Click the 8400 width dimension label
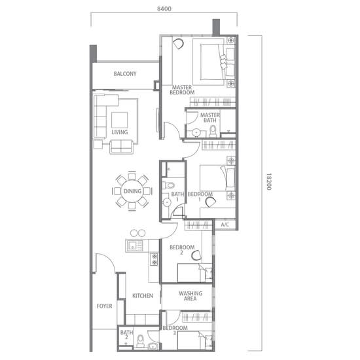click(164, 9)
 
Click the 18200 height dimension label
click(268, 181)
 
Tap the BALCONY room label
click(125, 74)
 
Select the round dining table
click(132, 191)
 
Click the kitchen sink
click(134, 245)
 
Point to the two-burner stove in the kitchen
click(154, 259)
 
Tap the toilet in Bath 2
click(140, 341)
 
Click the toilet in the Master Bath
click(213, 131)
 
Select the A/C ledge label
click(225, 225)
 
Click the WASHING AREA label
click(190, 296)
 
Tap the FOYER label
click(104, 306)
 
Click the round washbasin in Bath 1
click(167, 202)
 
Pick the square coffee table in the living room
click(119, 120)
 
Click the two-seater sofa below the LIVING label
click(121, 147)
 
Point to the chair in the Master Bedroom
click(178, 44)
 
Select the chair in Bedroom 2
click(196, 255)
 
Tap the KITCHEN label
click(143, 295)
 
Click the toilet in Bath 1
click(169, 185)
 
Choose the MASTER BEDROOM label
click(182, 90)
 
